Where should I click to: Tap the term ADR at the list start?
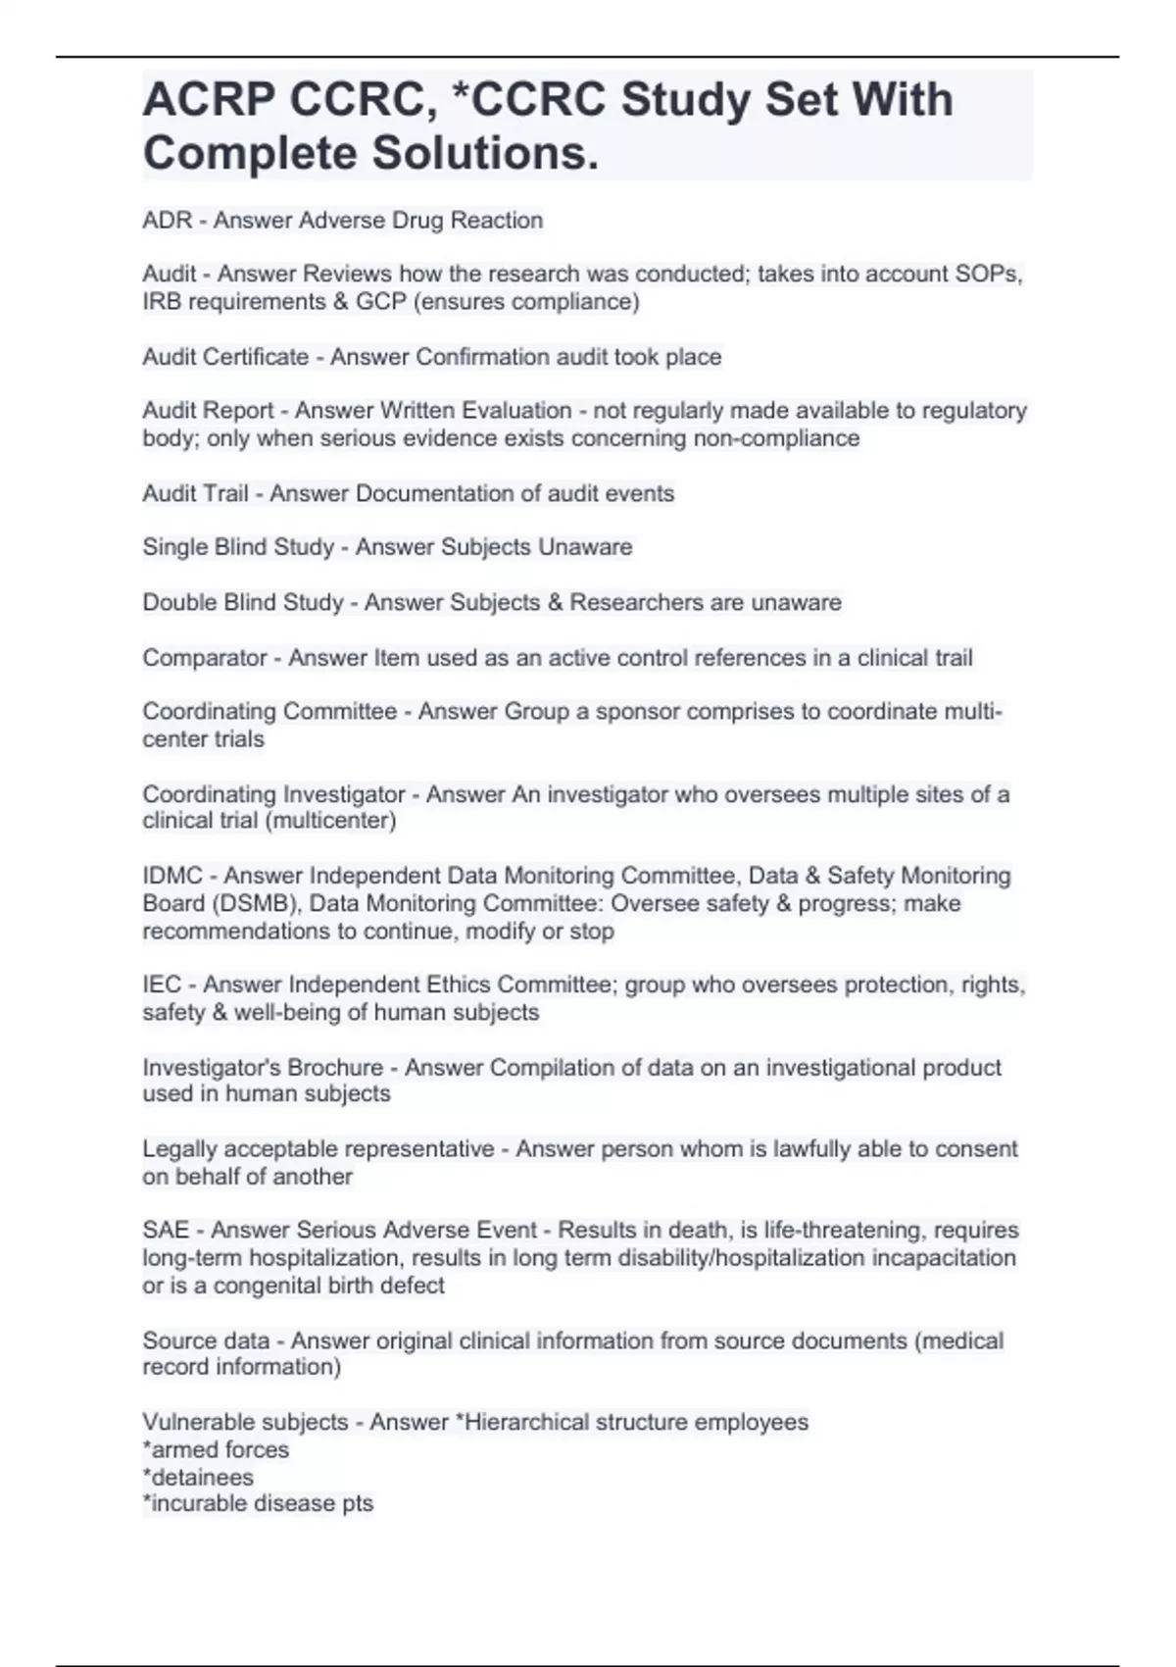click(x=167, y=221)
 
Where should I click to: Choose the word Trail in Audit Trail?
click(x=224, y=493)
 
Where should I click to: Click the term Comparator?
click(x=204, y=658)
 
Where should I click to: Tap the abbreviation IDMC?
click(x=172, y=876)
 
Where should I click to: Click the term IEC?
click(x=162, y=985)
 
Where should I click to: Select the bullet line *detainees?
click(x=198, y=1477)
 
